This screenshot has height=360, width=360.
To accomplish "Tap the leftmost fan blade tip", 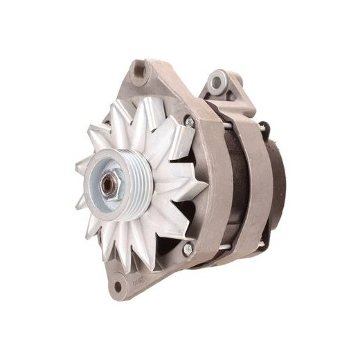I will pos(78,166).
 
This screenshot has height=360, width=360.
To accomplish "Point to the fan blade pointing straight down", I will pos(127,260).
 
